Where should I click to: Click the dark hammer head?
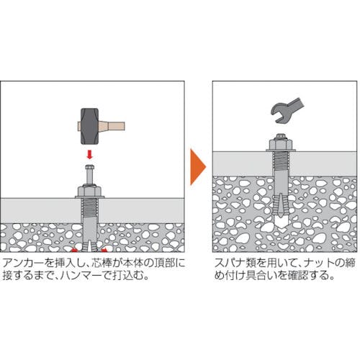tap(89, 126)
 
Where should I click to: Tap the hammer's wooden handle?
tap(112, 126)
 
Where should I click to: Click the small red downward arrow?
tap(89, 154)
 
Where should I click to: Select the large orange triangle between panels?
tap(197, 167)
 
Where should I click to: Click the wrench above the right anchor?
tap(286, 110)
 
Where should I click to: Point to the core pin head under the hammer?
tap(89, 167)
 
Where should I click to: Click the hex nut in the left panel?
tap(90, 191)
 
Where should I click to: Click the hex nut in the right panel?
tap(281, 144)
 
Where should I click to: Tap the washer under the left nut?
tap(90, 197)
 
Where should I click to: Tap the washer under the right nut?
tap(281, 150)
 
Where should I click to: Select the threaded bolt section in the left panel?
tap(90, 207)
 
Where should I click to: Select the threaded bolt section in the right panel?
tap(281, 161)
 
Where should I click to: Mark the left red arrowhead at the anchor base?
tap(75, 250)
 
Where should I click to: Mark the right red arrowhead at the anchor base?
tap(104, 250)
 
